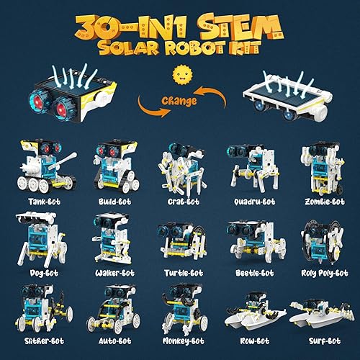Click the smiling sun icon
click(180, 76)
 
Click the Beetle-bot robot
click(248, 241)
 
